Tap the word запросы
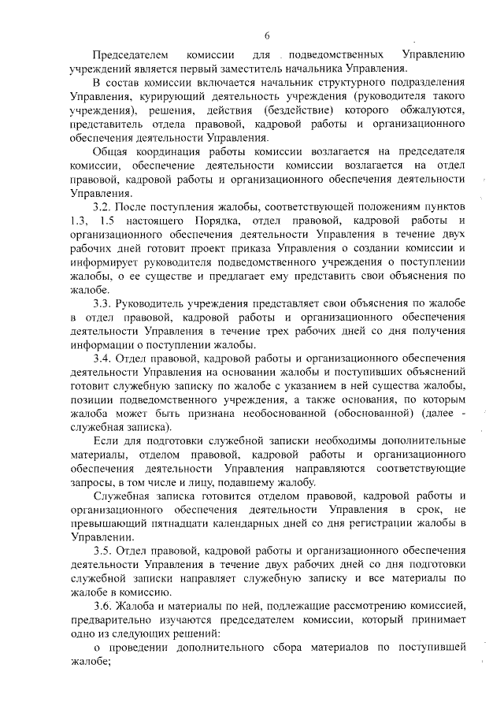point(90,481)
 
